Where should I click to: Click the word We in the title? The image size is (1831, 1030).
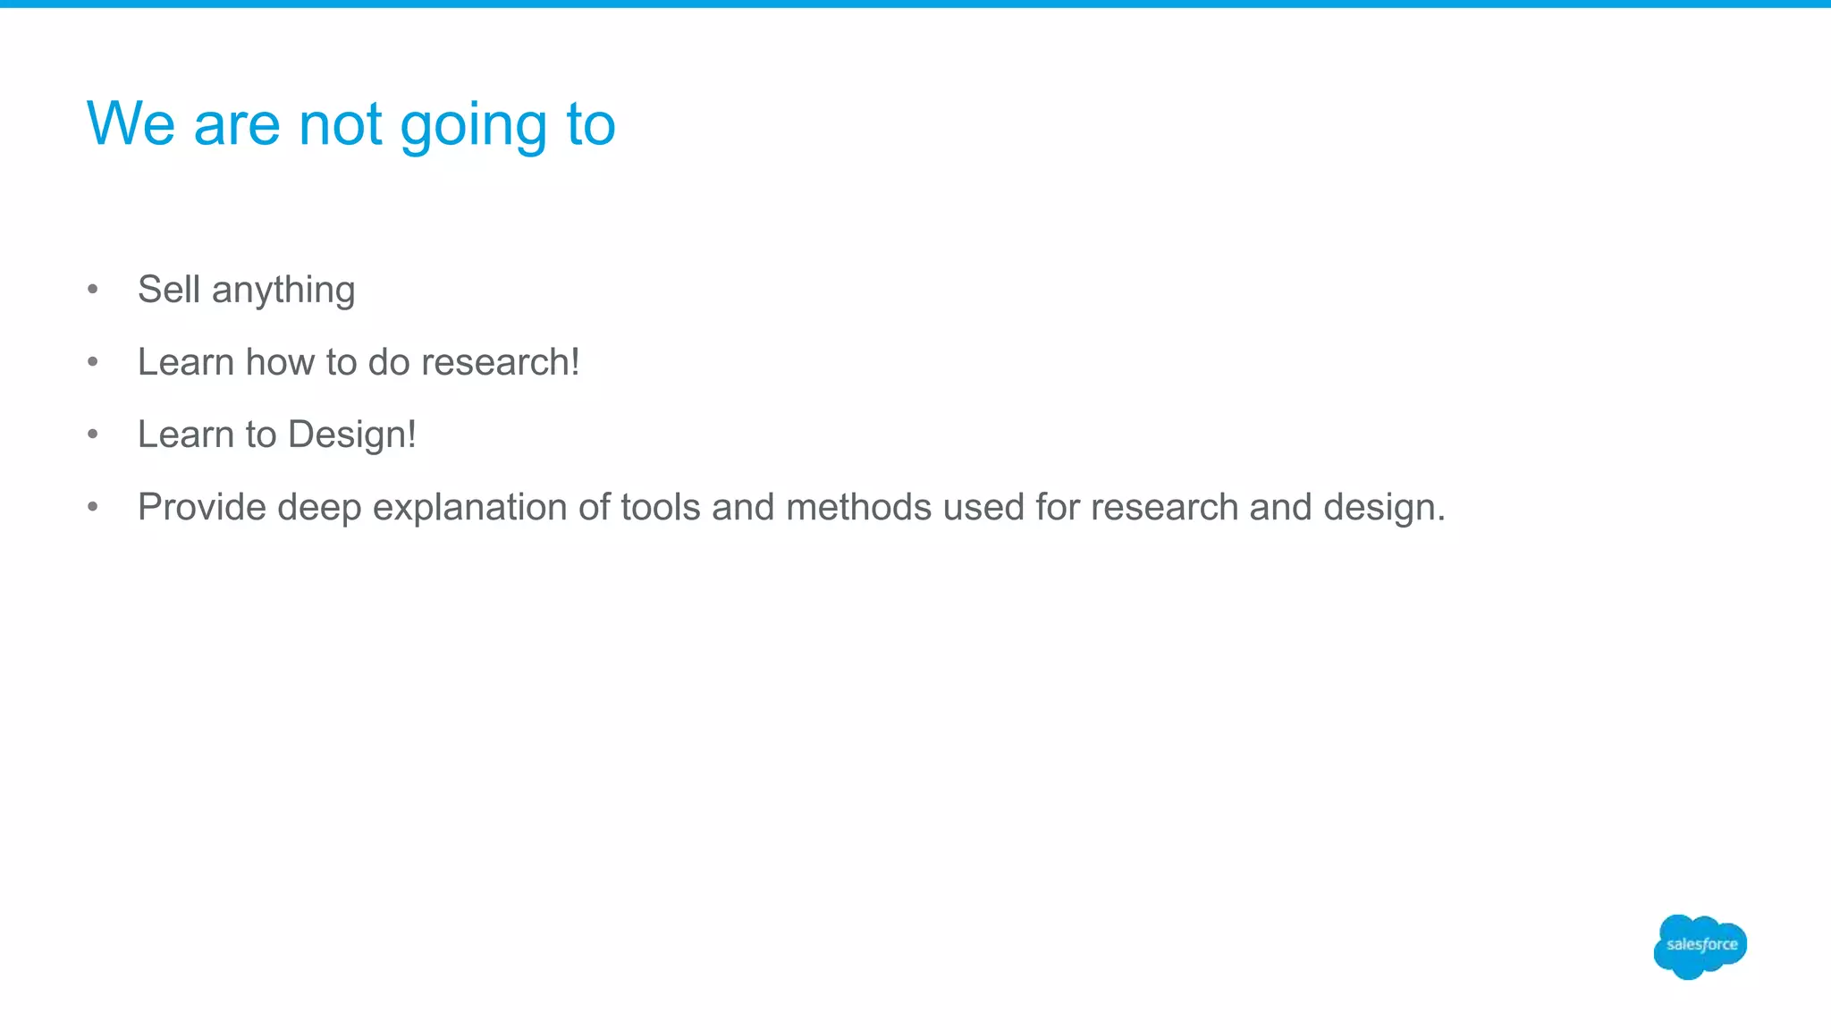coord(131,123)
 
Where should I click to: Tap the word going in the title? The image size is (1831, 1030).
coord(473,125)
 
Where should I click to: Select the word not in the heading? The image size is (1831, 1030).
coord(341,123)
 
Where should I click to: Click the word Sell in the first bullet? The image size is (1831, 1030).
coord(168,290)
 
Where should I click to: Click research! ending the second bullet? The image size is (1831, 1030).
coord(500,362)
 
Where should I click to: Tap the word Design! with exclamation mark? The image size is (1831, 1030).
coord(351,435)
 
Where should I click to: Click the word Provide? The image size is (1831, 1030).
coord(202,507)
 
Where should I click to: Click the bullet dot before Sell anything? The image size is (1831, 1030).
coord(93,289)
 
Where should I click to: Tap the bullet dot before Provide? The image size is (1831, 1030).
coord(93,507)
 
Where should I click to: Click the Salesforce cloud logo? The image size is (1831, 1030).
coord(1700,946)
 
